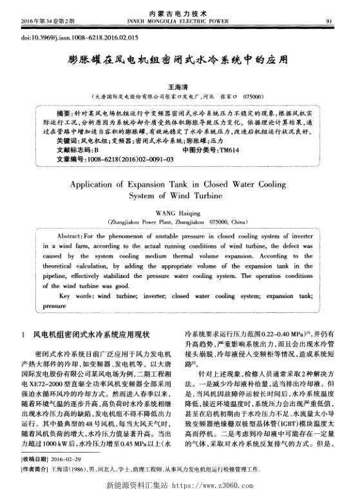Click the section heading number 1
point(23,334)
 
